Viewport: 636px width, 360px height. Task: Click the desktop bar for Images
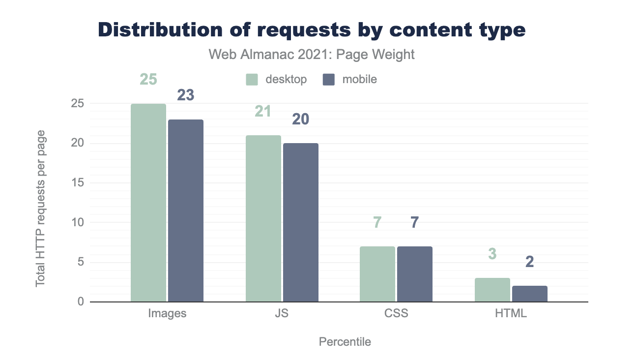click(x=148, y=203)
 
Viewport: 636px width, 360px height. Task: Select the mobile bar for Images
click(x=186, y=210)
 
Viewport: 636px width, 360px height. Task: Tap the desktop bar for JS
click(x=263, y=218)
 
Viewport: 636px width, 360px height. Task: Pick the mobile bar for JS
click(x=301, y=222)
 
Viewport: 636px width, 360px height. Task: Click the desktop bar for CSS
click(x=377, y=274)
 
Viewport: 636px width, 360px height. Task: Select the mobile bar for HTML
click(x=530, y=294)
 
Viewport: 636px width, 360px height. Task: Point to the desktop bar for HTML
click(x=492, y=290)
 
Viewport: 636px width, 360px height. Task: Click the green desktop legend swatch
click(x=252, y=79)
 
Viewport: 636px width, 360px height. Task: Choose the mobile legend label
click(x=360, y=79)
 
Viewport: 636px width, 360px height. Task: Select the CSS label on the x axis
click(x=396, y=313)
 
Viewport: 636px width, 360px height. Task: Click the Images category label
click(x=167, y=313)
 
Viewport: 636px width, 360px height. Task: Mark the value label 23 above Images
click(x=185, y=95)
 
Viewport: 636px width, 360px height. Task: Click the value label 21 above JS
click(x=263, y=112)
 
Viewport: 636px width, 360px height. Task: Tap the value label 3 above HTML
click(x=492, y=254)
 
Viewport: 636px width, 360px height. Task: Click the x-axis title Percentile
click(x=345, y=341)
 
